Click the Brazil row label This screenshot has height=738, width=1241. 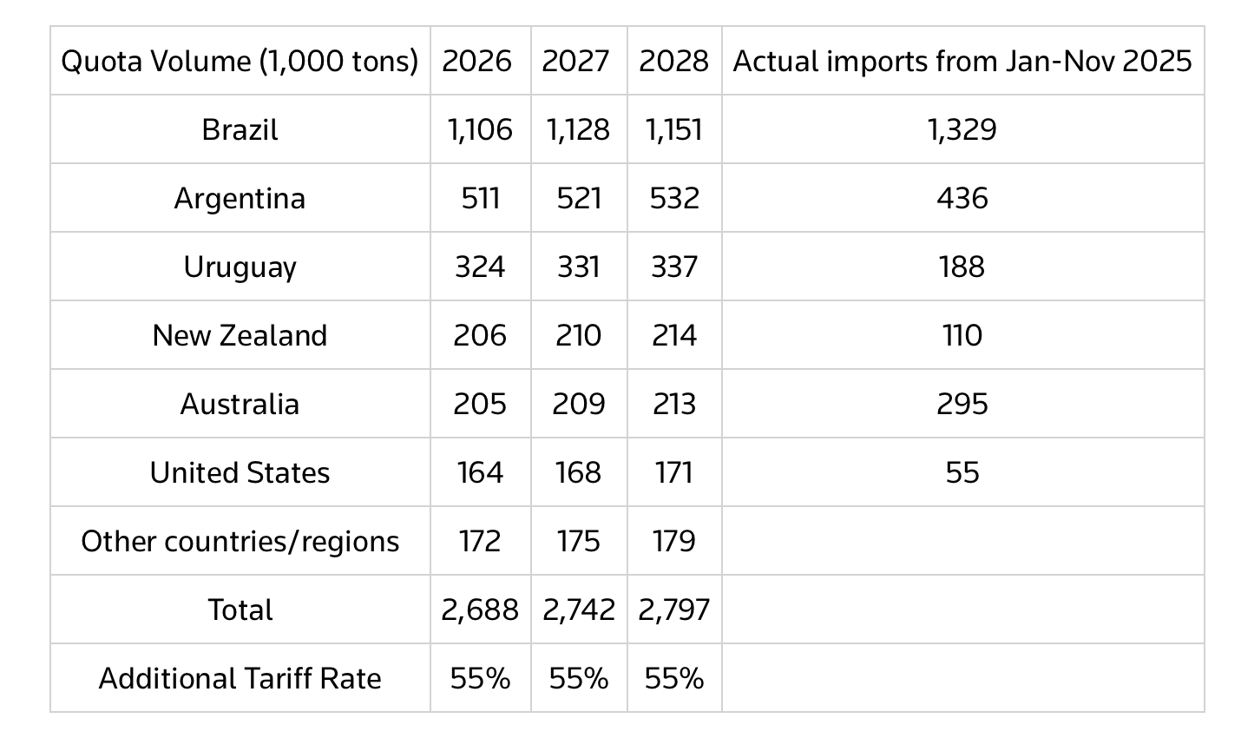click(x=240, y=129)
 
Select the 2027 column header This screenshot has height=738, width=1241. click(x=578, y=61)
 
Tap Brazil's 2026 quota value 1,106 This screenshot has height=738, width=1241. click(x=480, y=129)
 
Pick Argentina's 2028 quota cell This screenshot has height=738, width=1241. click(x=673, y=198)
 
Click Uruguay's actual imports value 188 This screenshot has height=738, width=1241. click(x=962, y=267)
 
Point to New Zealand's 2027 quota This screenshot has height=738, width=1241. click(x=578, y=335)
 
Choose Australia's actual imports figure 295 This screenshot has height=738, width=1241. click(x=962, y=404)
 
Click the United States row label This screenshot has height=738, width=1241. click(x=240, y=472)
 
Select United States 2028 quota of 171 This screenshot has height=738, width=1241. click(x=673, y=472)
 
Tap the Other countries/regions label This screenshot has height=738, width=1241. click(x=240, y=541)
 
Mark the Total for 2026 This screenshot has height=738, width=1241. click(x=480, y=610)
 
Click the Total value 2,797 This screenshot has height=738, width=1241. click(x=673, y=610)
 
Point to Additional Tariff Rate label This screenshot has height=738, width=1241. click(x=240, y=678)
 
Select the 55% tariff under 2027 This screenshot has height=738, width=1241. click(x=578, y=678)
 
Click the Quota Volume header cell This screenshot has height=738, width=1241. click(x=240, y=61)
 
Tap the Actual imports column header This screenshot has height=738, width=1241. click(x=962, y=61)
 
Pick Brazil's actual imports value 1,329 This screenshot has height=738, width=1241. click(x=962, y=129)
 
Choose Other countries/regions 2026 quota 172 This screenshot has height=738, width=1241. click(x=480, y=541)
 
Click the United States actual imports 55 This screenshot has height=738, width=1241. click(x=962, y=472)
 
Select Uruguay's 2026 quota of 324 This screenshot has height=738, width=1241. click(x=480, y=267)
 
